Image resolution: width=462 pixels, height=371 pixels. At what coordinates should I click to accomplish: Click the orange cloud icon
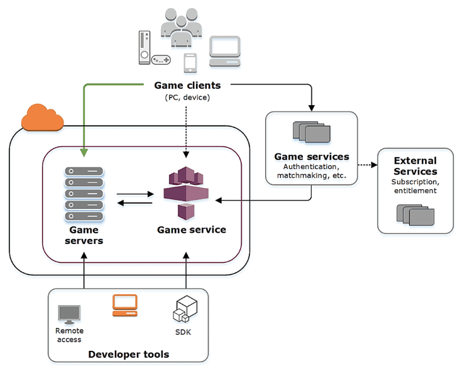pos(43,118)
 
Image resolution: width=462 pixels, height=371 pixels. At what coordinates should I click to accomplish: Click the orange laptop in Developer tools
pos(124,305)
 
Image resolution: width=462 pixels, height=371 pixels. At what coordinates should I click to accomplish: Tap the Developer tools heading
pos(128,354)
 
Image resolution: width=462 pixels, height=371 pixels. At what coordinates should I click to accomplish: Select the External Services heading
pos(415,166)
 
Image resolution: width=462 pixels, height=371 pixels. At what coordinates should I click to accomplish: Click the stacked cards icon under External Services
pos(415,214)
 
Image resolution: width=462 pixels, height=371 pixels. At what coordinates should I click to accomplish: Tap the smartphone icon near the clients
pos(190,63)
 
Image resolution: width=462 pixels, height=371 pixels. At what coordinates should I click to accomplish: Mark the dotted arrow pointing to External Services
pos(366,166)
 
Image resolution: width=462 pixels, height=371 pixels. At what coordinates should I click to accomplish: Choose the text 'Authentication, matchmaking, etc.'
pos(311,171)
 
